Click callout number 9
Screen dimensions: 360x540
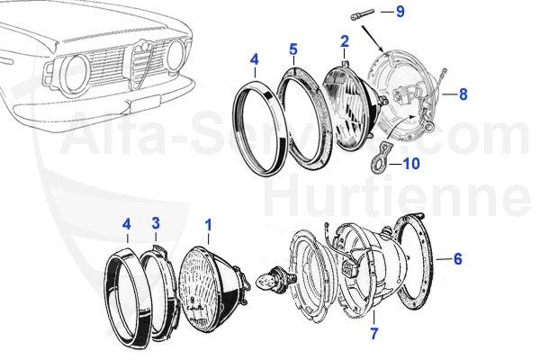[x=400, y=12]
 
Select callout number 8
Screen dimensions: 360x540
[x=463, y=93]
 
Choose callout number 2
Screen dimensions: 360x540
[x=344, y=40]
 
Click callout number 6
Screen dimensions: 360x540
[x=457, y=259]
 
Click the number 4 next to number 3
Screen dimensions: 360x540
[x=127, y=222]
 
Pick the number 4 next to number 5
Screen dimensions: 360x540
[x=255, y=61]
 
